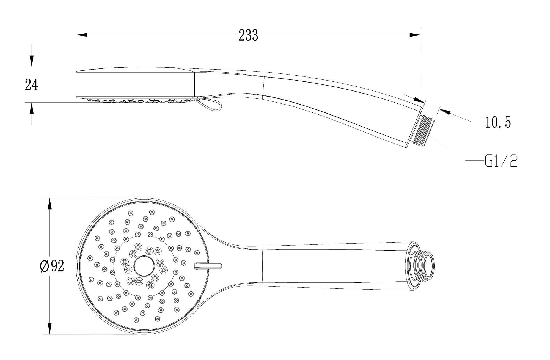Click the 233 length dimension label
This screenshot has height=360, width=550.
click(x=248, y=35)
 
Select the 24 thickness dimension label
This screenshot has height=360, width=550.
click(x=31, y=85)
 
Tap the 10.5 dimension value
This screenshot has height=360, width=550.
click(x=498, y=122)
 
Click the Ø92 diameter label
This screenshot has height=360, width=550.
click(x=52, y=266)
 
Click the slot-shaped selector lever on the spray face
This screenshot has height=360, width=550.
click(x=208, y=266)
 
